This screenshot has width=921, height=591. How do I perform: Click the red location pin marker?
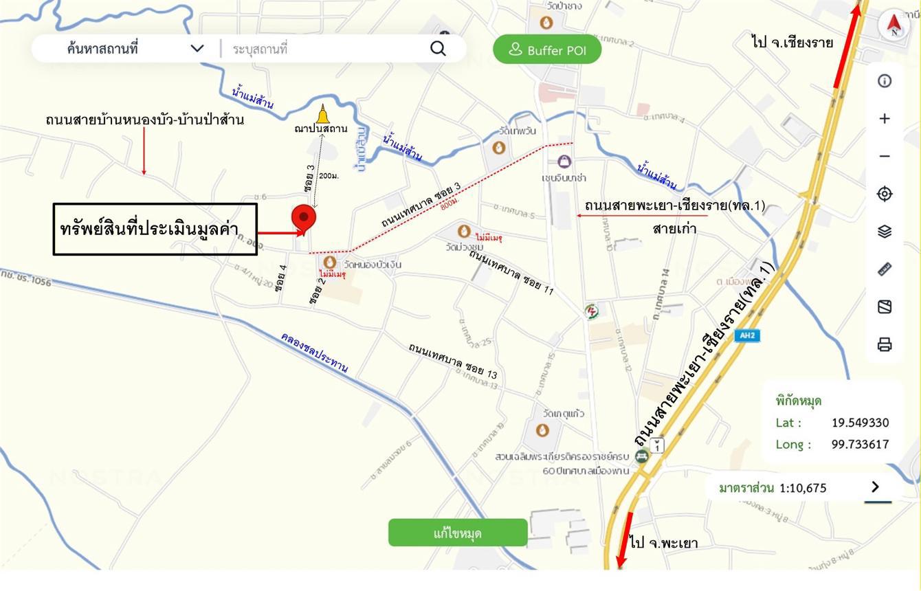(304, 218)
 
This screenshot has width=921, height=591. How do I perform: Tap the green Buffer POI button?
(547, 49)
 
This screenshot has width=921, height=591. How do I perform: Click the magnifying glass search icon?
(438, 48)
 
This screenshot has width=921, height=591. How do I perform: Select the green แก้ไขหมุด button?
(458, 533)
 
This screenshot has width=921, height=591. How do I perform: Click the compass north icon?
(894, 25)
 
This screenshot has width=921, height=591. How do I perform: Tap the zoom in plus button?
(885, 118)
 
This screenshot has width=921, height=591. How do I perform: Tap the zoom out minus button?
(885, 156)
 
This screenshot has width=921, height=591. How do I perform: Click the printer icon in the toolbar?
(885, 344)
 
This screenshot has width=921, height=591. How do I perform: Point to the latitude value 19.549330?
(860, 423)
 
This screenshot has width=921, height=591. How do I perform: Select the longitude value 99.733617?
(860, 444)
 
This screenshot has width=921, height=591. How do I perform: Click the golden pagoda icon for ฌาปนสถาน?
(322, 113)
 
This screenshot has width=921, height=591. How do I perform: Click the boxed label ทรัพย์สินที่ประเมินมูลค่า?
(155, 229)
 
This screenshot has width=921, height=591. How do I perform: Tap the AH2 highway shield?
(747, 336)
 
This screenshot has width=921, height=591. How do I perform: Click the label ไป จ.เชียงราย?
(792, 43)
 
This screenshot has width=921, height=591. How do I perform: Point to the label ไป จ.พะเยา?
(663, 543)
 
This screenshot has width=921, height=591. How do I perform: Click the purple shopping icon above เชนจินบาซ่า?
(564, 162)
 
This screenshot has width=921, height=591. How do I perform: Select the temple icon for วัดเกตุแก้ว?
(542, 430)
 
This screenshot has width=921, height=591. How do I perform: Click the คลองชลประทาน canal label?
(314, 353)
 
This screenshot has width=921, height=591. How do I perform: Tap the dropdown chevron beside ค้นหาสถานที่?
(197, 48)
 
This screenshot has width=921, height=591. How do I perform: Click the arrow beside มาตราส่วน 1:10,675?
(875, 487)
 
